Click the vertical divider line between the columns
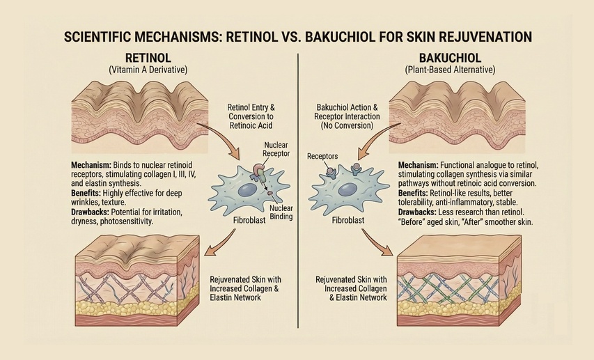(297, 209)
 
